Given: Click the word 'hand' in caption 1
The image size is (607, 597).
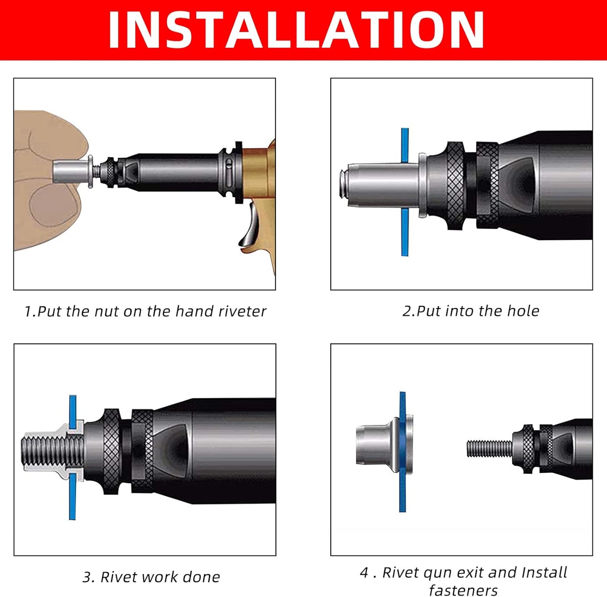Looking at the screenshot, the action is click(188, 311).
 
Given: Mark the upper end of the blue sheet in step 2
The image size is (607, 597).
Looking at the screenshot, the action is click(405, 129).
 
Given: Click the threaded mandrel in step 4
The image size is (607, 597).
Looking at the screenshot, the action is click(489, 449).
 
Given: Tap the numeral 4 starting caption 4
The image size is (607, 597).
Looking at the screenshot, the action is click(364, 573).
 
